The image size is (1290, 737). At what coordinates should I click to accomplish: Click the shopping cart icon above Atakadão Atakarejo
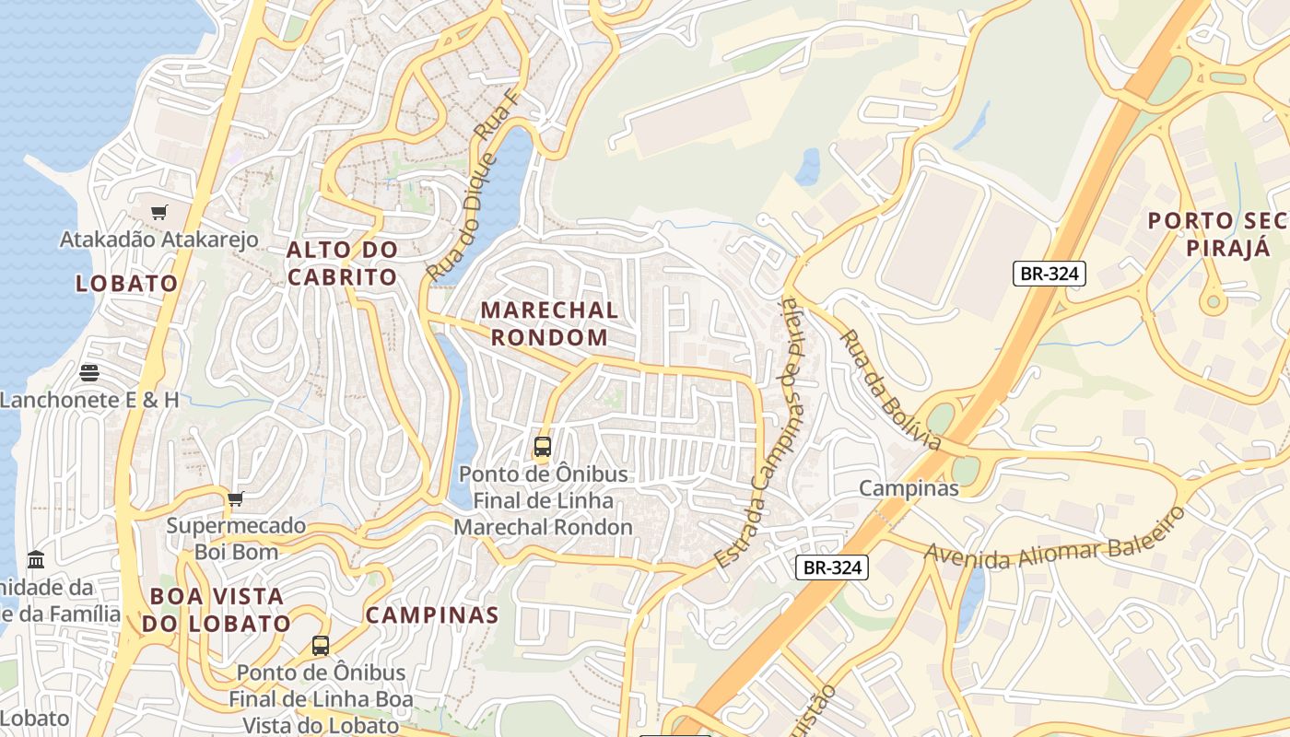[159, 213]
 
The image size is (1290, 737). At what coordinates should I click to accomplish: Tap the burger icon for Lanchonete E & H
[89, 373]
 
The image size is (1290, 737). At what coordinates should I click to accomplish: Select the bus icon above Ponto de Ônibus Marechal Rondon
[543, 447]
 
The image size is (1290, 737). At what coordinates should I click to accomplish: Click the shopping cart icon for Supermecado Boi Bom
[236, 499]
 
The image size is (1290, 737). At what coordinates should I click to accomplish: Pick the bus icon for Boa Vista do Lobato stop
[321, 646]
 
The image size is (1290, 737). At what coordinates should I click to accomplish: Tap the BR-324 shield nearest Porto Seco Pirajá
[1050, 273]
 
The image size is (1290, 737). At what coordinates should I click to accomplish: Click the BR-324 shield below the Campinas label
[832, 567]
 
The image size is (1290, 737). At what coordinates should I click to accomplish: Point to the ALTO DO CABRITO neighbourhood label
[342, 263]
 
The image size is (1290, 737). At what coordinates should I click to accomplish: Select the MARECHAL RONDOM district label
[549, 323]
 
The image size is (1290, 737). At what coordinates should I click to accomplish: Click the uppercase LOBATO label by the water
[127, 284]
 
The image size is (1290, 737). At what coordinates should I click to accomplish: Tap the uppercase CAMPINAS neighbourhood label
[432, 615]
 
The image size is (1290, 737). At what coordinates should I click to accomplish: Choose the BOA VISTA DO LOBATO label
[217, 609]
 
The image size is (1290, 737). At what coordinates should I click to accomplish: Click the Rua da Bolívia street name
[890, 391]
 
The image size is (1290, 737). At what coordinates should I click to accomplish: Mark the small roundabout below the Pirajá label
[1213, 300]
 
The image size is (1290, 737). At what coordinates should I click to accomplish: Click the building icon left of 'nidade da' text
[36, 559]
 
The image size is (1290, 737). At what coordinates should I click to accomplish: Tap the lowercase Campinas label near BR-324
[909, 488]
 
